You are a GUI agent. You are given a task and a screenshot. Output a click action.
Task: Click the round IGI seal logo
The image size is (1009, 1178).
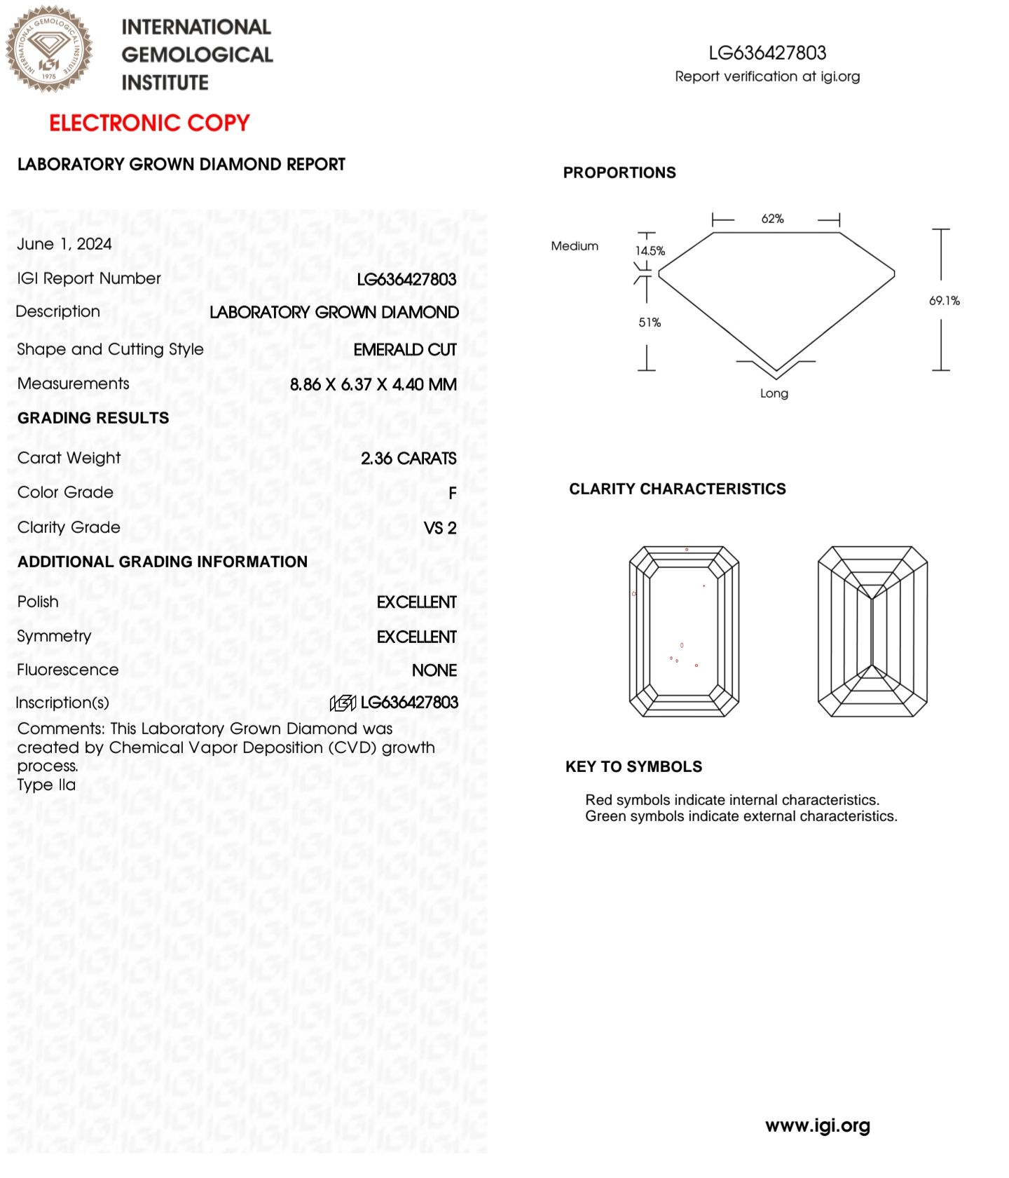coord(49,49)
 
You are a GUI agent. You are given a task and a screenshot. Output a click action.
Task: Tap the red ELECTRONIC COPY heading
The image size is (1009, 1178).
coord(149,123)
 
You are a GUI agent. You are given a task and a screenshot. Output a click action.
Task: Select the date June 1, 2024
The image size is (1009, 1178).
coord(64,244)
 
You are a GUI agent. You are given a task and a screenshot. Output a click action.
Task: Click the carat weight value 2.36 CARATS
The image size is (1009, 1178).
coord(409,459)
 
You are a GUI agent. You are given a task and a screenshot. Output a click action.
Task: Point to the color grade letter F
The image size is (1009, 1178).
coord(453,494)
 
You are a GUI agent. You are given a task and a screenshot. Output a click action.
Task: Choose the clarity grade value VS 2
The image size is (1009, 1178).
coord(440,528)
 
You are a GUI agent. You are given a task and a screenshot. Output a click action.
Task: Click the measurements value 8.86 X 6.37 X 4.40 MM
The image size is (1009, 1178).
coord(373,384)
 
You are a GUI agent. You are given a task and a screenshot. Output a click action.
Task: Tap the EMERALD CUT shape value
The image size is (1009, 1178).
coord(405,350)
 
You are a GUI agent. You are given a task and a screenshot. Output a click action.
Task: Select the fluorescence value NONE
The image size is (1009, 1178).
coord(434,670)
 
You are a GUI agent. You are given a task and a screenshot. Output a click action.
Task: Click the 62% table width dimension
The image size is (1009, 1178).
coord(772,219)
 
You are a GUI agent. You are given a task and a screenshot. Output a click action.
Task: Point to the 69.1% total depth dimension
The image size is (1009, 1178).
coord(944,301)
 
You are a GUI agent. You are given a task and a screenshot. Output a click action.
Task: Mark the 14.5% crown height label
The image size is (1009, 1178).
coord(650,251)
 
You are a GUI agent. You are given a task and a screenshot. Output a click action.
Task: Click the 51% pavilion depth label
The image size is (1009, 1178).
coord(650,323)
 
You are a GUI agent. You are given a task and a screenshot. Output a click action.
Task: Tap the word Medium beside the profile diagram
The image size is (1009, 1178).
coord(575,246)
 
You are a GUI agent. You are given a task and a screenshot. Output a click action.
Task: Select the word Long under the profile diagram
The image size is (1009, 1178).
coord(774,393)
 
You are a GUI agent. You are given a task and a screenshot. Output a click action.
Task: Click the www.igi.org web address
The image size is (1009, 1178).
coord(818,1125)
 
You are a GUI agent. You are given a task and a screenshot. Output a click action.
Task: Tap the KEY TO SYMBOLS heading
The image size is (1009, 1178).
coord(633,766)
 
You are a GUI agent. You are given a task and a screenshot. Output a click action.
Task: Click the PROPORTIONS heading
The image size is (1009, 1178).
coord(619,172)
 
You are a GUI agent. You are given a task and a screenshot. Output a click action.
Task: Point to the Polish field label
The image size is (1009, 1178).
coord(38,602)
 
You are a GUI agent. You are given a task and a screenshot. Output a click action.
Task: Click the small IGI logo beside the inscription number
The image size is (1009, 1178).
coord(343,703)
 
